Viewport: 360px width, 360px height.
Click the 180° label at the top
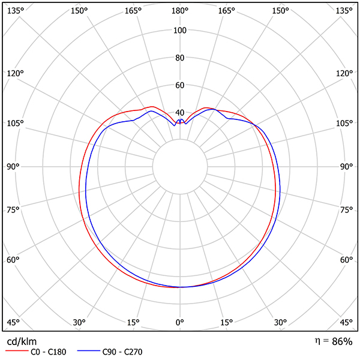pos(179,11)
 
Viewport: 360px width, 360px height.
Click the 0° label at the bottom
pos(179,323)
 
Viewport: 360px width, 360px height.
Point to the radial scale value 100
pos(179,31)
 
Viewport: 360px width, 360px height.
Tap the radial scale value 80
pos(179,58)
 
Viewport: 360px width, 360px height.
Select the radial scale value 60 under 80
pos(179,85)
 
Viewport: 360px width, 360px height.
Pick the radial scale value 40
pos(179,113)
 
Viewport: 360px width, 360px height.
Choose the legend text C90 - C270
pos(122,352)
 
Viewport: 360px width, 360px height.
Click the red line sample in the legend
pos(16,352)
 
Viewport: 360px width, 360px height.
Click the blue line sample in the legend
pos(86,352)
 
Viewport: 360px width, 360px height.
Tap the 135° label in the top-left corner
pos(16,11)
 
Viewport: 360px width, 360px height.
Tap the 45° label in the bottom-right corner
pos(346,323)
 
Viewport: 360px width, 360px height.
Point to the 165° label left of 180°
pos(134,11)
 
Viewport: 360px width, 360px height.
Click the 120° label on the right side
pos(344,73)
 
